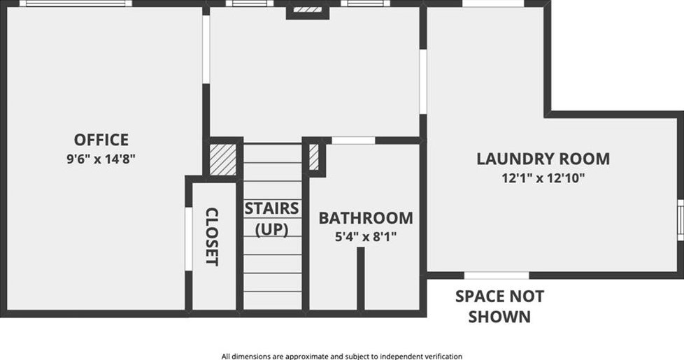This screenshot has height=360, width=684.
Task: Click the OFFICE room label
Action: coord(101,140)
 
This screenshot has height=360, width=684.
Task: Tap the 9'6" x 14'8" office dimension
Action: coord(101,159)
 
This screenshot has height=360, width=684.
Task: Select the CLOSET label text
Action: coord(212,237)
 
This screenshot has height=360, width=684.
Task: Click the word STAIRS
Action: coord(271,208)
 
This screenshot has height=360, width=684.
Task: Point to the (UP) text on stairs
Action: coord(271,229)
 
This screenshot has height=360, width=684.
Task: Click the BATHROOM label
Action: coord(365,218)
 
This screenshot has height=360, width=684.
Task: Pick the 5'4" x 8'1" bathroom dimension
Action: coord(365,237)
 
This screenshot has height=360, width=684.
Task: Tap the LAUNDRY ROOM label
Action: coord(543,159)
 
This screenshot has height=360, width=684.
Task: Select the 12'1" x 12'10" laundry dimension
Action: coord(543,178)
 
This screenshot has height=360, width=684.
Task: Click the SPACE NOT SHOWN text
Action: coord(499,306)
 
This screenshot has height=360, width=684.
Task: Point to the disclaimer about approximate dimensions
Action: coord(342,356)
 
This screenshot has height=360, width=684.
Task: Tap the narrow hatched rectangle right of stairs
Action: coord(314,158)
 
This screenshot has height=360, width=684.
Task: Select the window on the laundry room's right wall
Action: coord(681,219)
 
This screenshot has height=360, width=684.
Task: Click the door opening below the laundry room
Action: coord(497,275)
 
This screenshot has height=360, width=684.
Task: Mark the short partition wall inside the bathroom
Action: coord(361,278)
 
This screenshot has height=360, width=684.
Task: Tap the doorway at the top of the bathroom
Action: coord(353,141)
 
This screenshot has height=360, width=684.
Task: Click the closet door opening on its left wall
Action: coord(187,238)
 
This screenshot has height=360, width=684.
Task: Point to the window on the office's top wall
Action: coord(75,3)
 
